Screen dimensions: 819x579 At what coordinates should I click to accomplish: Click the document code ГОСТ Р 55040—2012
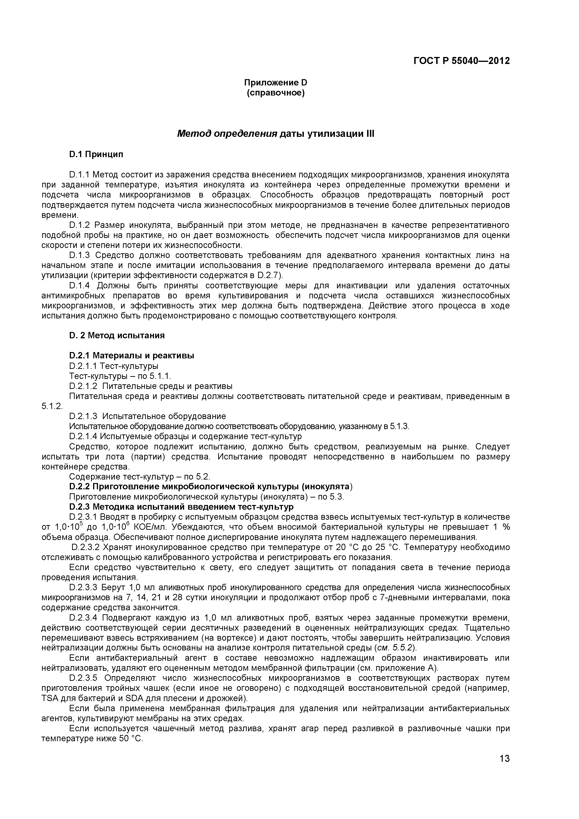tap(461, 61)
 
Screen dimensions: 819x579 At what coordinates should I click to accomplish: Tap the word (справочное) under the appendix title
tap(276, 93)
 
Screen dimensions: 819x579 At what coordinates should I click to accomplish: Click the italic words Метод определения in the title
tap(228, 134)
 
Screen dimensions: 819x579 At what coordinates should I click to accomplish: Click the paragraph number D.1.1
tap(81, 175)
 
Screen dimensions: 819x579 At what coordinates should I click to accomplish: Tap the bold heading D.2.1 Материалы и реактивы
tap(132, 356)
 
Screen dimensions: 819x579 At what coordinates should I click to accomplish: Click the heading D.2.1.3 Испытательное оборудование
tap(147, 416)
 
